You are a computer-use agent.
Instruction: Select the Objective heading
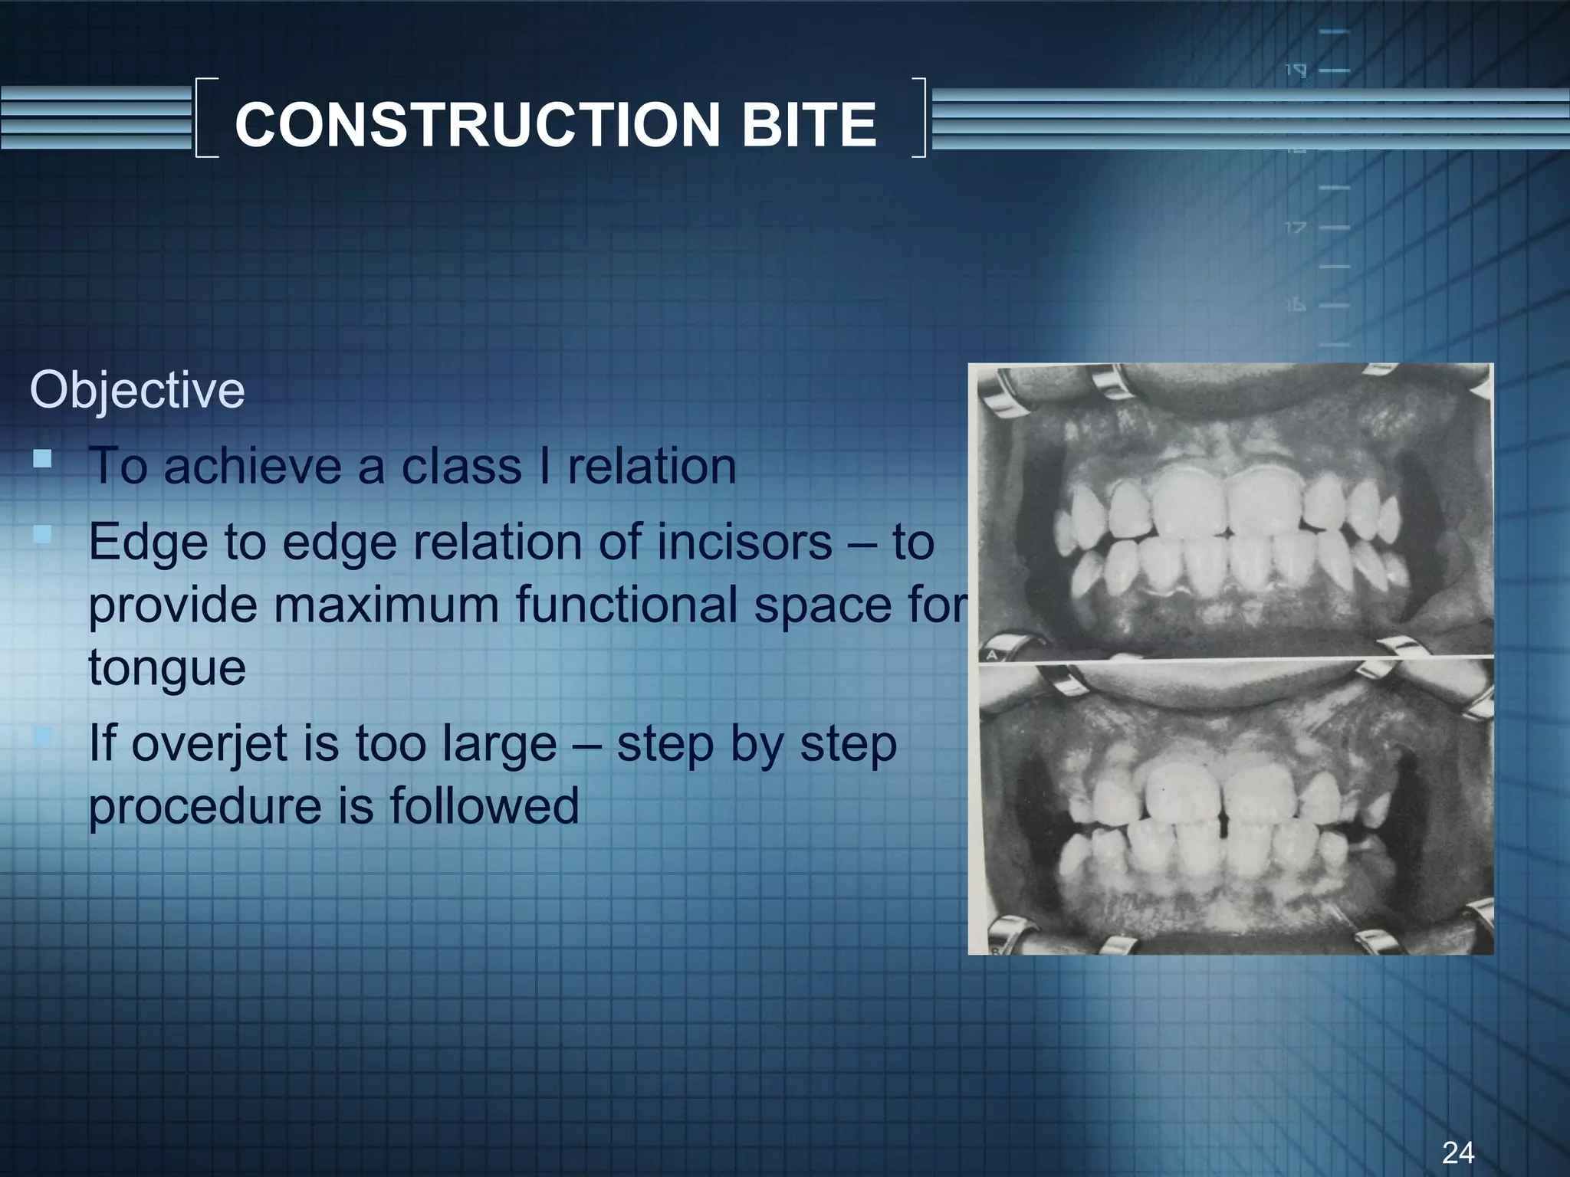pyautogui.click(x=137, y=390)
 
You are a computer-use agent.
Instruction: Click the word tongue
pyautogui.click(x=166, y=667)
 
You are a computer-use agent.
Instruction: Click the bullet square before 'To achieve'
pyautogui.click(x=42, y=460)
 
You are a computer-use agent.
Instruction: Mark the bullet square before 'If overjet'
pyautogui.click(x=42, y=737)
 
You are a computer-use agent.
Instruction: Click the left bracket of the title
pyautogui.click(x=205, y=118)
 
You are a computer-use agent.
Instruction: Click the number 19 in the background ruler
pyautogui.click(x=1295, y=71)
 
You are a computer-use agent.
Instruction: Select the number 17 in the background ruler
pyautogui.click(x=1295, y=228)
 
